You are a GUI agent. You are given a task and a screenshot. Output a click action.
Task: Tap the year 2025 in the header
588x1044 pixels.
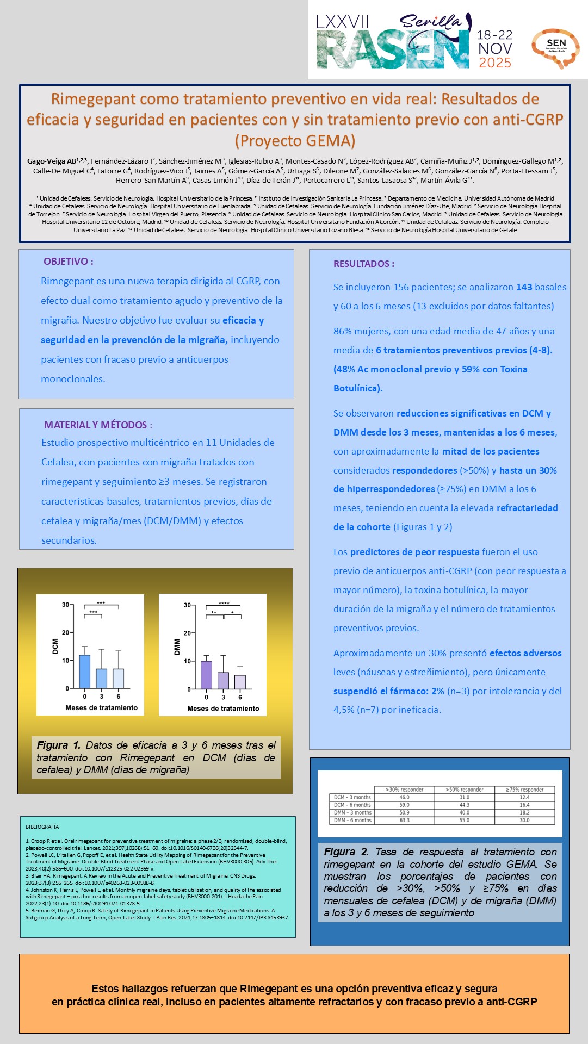click(x=494, y=63)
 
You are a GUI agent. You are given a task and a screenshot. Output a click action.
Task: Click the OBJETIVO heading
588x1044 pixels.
click(x=69, y=262)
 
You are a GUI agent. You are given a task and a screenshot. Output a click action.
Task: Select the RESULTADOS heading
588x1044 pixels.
click(x=363, y=264)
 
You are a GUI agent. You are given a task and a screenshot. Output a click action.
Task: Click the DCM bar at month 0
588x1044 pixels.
click(x=85, y=672)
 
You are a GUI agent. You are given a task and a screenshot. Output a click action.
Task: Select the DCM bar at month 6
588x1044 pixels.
click(x=118, y=679)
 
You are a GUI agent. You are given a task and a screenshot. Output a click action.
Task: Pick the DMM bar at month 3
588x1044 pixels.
click(x=223, y=681)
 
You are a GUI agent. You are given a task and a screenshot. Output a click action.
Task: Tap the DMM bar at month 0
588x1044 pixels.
click(x=206, y=675)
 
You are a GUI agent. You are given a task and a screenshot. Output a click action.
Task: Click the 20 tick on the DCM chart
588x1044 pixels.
click(x=65, y=633)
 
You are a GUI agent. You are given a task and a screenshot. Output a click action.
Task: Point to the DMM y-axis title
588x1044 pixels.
click(x=177, y=647)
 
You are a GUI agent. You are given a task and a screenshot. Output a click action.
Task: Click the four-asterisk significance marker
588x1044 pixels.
click(x=224, y=604)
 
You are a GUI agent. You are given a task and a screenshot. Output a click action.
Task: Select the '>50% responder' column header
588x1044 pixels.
click(x=464, y=790)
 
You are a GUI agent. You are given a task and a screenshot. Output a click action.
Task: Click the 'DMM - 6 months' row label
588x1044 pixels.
click(x=352, y=820)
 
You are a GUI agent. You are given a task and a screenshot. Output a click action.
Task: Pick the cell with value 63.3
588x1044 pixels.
click(x=404, y=820)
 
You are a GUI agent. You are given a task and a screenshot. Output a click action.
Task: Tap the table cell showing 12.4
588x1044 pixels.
click(x=524, y=797)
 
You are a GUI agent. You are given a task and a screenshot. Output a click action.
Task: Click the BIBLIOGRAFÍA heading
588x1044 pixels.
click(x=42, y=827)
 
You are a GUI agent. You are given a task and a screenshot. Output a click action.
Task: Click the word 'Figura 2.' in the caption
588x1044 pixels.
click(x=346, y=852)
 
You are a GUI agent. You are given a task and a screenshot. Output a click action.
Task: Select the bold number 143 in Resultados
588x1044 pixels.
click(x=524, y=287)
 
